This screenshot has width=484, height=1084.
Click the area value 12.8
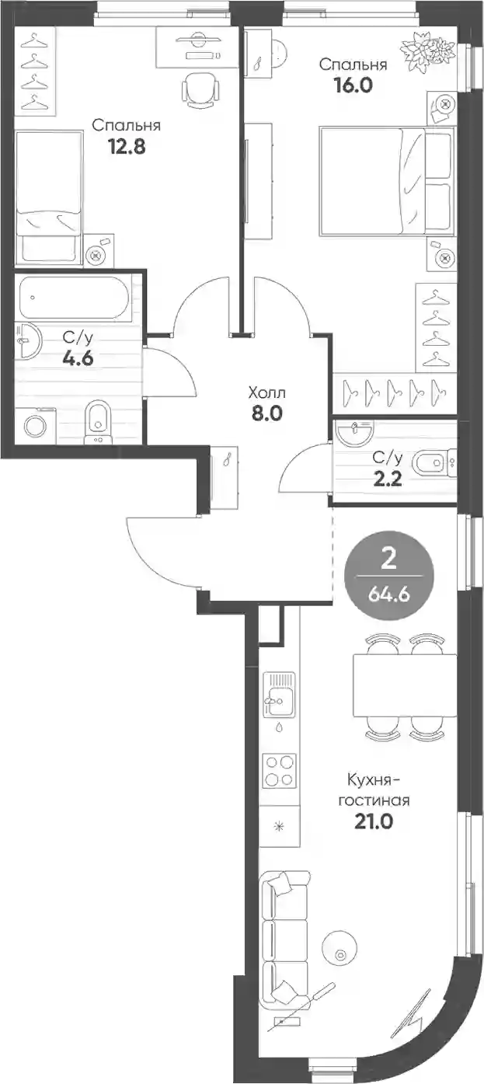pyautogui.click(x=127, y=147)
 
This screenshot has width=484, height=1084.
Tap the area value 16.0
pyautogui.click(x=353, y=85)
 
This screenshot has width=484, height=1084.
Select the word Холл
pyautogui.click(x=266, y=393)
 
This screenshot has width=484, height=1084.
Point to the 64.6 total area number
pyautogui.click(x=388, y=594)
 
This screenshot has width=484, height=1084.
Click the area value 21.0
pyautogui.click(x=373, y=821)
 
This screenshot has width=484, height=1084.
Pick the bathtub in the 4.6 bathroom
pyautogui.click(x=75, y=298)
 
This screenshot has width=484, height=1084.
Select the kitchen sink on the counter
pyautogui.click(x=279, y=695)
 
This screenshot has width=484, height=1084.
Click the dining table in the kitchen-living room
pyautogui.click(x=405, y=685)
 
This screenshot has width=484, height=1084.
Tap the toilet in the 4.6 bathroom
pyautogui.click(x=98, y=421)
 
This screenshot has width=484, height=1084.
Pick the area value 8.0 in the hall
pyautogui.click(x=266, y=413)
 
